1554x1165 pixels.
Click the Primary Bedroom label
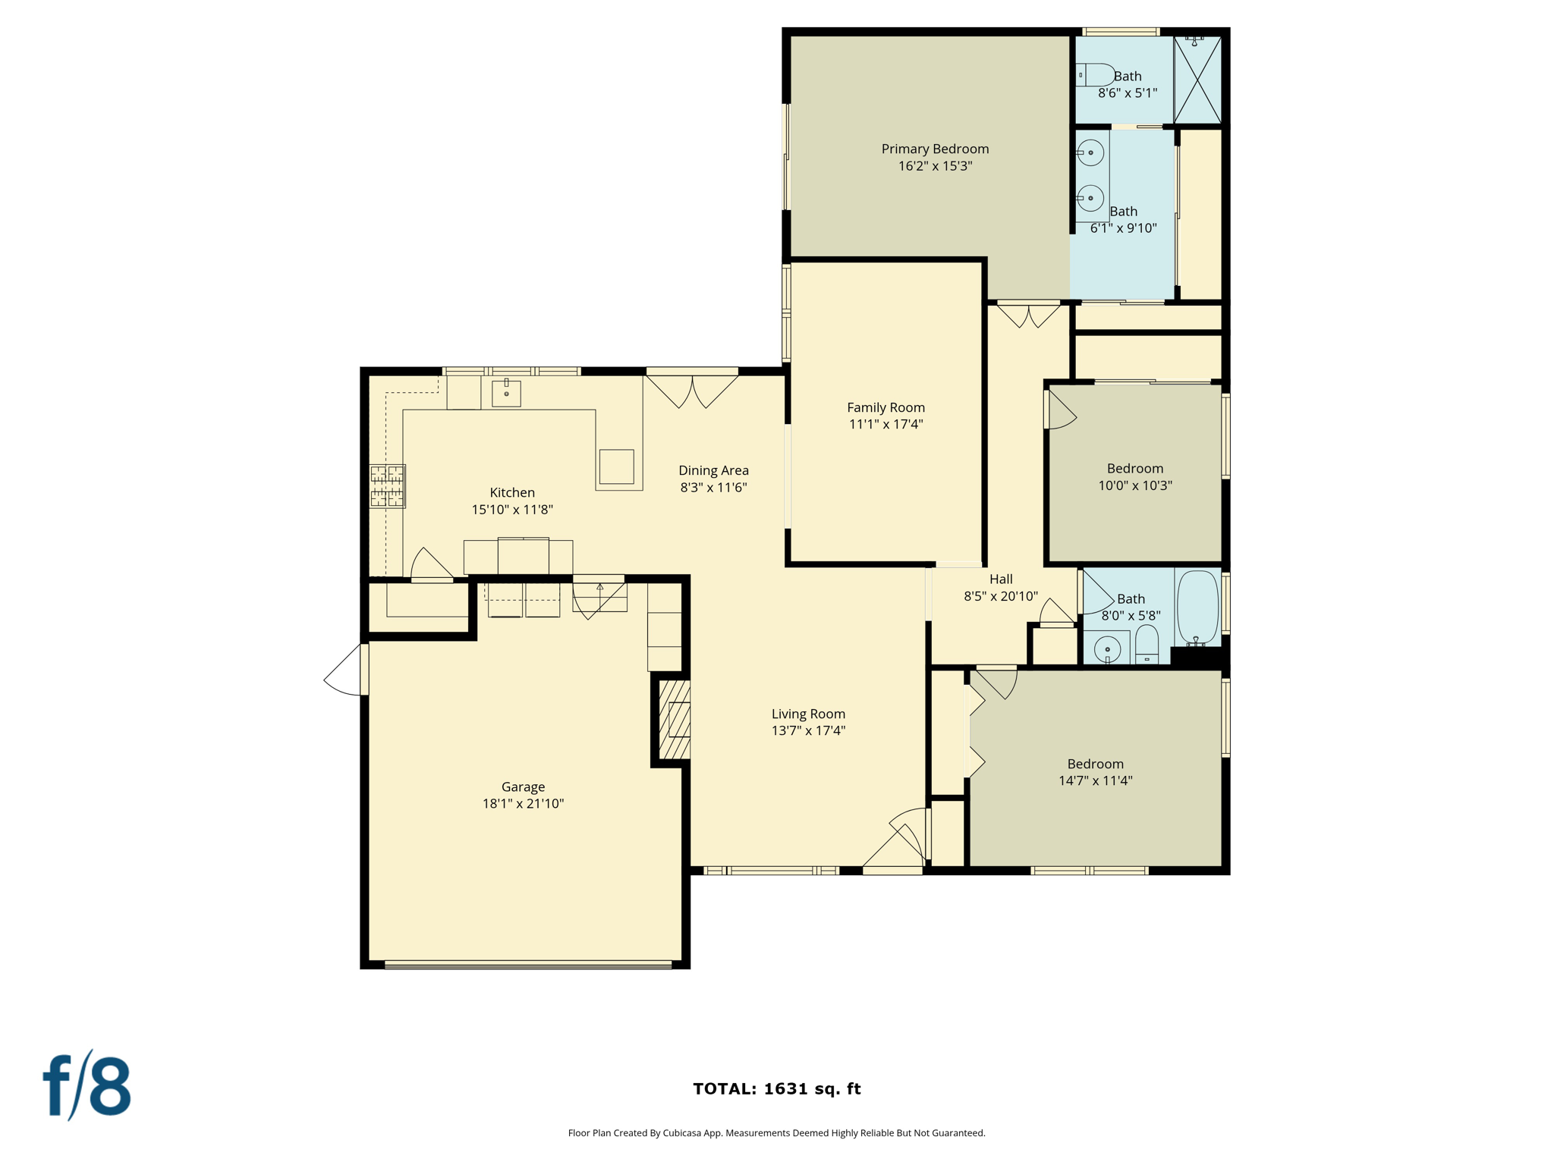pyautogui.click(x=935, y=149)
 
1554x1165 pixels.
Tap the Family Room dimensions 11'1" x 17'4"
pyautogui.click(x=886, y=424)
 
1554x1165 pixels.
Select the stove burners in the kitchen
pyautogui.click(x=387, y=485)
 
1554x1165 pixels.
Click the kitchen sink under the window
pyautogui.click(x=506, y=393)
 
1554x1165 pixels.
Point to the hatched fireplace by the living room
pyautogui.click(x=675, y=720)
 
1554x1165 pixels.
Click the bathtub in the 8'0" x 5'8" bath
pyautogui.click(x=1197, y=607)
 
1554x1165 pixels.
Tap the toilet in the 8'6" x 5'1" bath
pyautogui.click(x=1096, y=75)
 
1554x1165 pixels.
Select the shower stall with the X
pyautogui.click(x=1197, y=79)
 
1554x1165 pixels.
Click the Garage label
pyautogui.click(x=523, y=787)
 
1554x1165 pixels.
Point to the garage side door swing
pyautogui.click(x=345, y=670)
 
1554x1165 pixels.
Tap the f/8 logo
pyautogui.click(x=87, y=1085)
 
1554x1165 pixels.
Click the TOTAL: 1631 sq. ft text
pyautogui.click(x=776, y=1088)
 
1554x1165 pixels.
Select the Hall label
pyautogui.click(x=1001, y=579)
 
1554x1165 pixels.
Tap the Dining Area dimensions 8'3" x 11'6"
pyautogui.click(x=713, y=487)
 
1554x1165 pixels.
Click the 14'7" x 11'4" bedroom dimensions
pyautogui.click(x=1095, y=780)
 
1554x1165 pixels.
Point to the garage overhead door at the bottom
pyautogui.click(x=528, y=965)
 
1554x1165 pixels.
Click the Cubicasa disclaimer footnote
pyautogui.click(x=776, y=1133)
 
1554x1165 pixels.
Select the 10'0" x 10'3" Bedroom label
pyautogui.click(x=1134, y=468)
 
